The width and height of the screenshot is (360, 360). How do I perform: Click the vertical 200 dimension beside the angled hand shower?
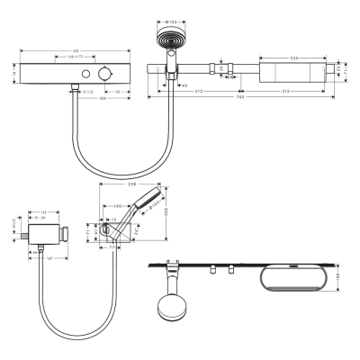point(168,218)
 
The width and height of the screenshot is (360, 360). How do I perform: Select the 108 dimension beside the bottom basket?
point(339,279)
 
